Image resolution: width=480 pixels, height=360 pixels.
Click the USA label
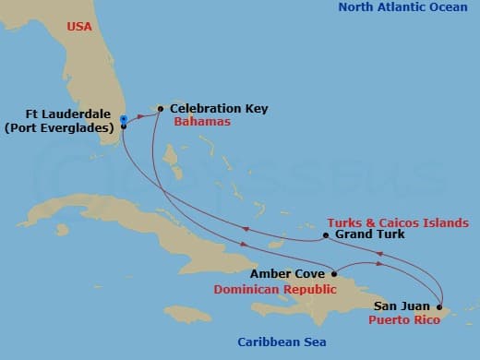pyautogui.click(x=79, y=27)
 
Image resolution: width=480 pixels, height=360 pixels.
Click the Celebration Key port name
pyautogui.click(x=219, y=108)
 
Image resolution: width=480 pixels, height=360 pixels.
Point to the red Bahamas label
pyautogui.click(x=202, y=122)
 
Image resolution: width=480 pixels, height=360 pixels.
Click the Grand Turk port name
pyautogui.click(x=370, y=234)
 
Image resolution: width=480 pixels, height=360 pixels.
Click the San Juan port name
pyautogui.click(x=402, y=305)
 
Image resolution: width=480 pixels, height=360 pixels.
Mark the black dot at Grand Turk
pyautogui.click(x=326, y=236)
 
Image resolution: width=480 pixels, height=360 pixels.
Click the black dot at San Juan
pyautogui.click(x=439, y=306)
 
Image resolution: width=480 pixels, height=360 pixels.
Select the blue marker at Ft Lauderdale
pyautogui.click(x=123, y=118)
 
